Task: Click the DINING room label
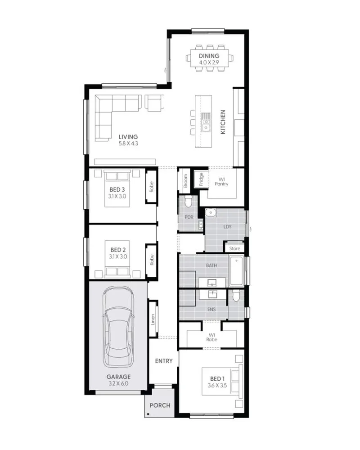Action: click(x=209, y=56)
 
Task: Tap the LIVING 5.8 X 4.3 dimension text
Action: click(x=128, y=144)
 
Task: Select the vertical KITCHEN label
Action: click(x=223, y=121)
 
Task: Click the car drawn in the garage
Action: click(x=118, y=327)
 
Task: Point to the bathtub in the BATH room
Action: click(x=237, y=271)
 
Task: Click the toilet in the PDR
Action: click(x=189, y=202)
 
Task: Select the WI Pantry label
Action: click(x=221, y=182)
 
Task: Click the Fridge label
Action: click(x=201, y=179)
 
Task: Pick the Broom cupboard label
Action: click(x=185, y=181)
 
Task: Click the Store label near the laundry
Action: click(x=234, y=248)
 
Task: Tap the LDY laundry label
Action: click(x=227, y=227)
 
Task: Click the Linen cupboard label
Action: click(x=153, y=319)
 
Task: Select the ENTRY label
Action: click(x=164, y=361)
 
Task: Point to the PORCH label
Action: click(x=160, y=405)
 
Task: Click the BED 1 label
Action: click(x=217, y=379)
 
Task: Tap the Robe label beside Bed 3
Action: click(x=151, y=187)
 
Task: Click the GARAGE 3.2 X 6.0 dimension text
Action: click(x=118, y=383)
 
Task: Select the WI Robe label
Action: click(x=211, y=337)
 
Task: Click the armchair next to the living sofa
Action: click(x=155, y=103)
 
